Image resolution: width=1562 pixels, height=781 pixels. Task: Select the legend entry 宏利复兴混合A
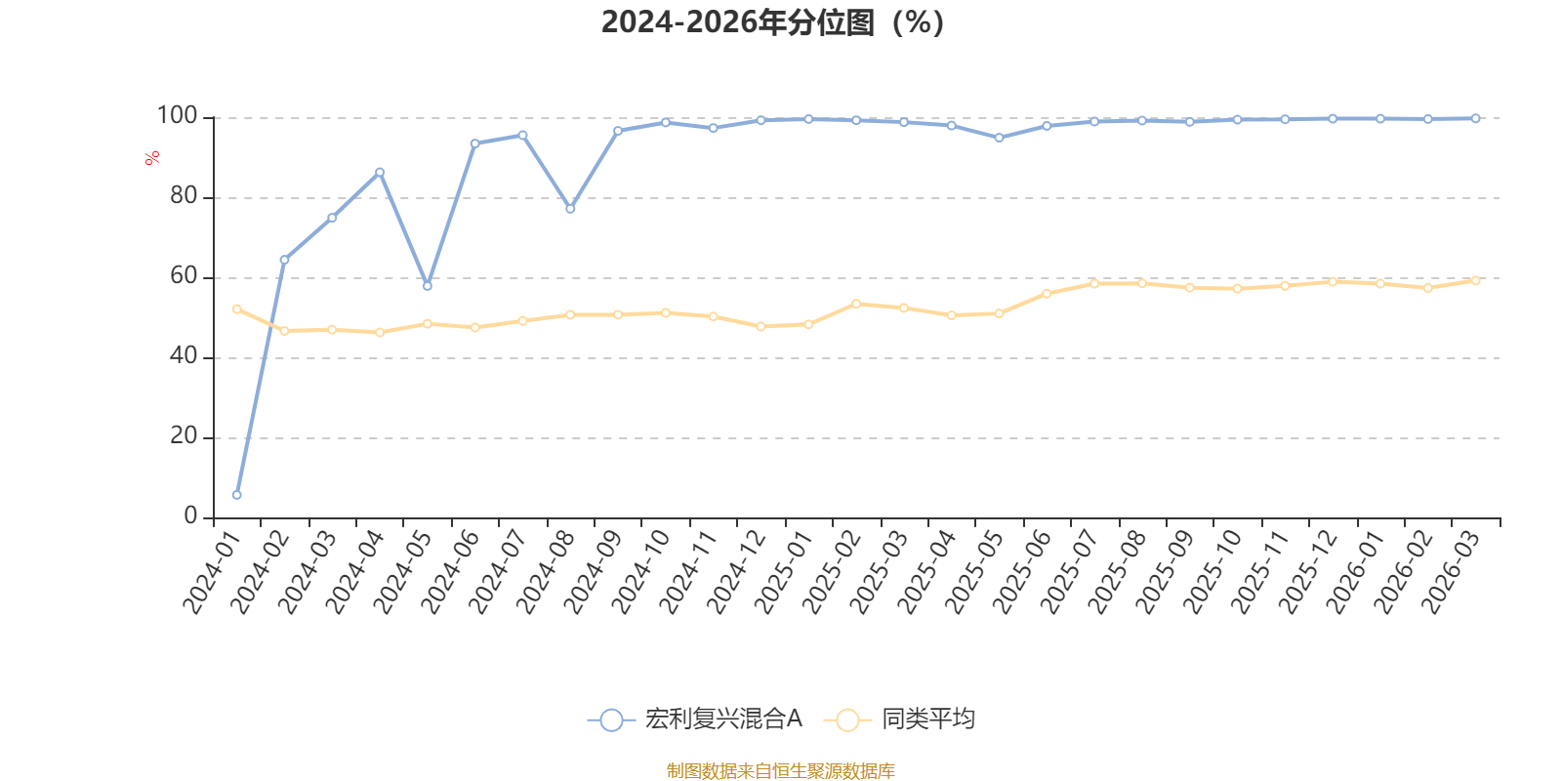coord(695,719)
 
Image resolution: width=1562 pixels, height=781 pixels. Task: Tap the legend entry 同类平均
coord(899,719)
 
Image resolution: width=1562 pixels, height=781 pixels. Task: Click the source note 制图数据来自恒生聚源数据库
coord(780,770)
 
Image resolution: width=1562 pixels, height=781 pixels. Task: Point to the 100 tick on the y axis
coord(177,116)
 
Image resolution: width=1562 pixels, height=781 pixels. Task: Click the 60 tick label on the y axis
coord(184,276)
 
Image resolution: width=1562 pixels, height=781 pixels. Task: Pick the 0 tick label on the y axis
coord(190,516)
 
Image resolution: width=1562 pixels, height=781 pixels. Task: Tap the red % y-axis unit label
coord(152,158)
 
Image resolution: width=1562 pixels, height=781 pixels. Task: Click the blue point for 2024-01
coord(237,495)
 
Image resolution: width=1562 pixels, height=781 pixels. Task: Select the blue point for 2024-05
coord(428,286)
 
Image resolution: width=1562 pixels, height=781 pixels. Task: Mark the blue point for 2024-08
coord(570,209)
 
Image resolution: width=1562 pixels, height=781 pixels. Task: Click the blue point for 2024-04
coord(380,172)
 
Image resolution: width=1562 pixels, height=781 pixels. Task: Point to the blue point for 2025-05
coord(1000,138)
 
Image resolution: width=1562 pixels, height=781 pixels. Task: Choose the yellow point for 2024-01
coord(237,308)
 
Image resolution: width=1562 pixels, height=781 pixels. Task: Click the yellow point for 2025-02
coord(856,304)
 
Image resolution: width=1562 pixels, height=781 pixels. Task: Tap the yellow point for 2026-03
coord(1475,280)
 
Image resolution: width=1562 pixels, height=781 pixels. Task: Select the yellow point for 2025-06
coord(1047,294)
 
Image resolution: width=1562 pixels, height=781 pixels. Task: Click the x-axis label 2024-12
coord(737,571)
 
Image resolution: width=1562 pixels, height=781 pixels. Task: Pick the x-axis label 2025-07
coord(1070,571)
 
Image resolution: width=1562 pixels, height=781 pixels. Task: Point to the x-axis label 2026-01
coord(1356,571)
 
